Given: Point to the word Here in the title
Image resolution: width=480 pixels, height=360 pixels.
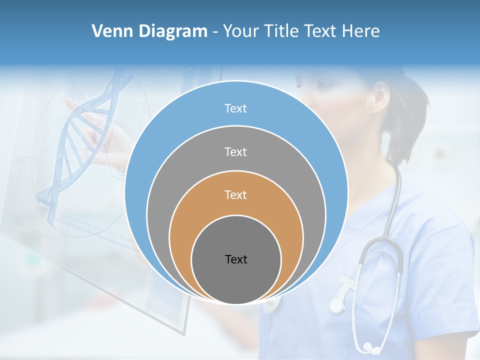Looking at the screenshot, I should pyautogui.click(x=361, y=31).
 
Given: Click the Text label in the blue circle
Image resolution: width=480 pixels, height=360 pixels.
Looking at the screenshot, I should pyautogui.click(x=235, y=108).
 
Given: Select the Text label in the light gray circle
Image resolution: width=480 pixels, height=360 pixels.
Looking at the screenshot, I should pyautogui.click(x=235, y=151).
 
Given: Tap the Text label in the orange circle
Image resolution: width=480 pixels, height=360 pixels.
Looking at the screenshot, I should pyautogui.click(x=235, y=194).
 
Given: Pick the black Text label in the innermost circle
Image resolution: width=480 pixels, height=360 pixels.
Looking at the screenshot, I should pyautogui.click(x=236, y=259).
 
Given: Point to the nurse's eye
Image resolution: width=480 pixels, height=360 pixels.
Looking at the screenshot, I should pyautogui.click(x=323, y=84).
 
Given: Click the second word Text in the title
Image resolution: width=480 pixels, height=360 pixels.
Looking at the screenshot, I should pyautogui.click(x=321, y=31).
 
